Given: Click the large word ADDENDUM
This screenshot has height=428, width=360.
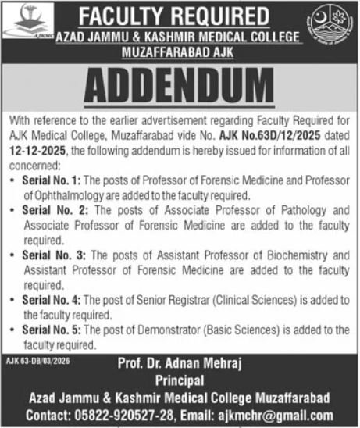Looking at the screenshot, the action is point(180,84).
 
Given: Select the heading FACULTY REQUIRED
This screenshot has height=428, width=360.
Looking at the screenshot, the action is point(180,15).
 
